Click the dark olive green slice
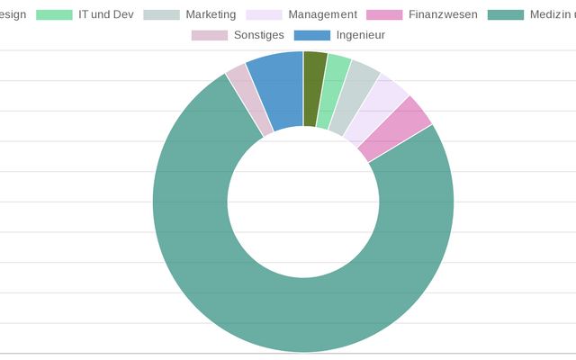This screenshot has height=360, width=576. click(313, 88)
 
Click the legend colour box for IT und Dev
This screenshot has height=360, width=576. click(54, 15)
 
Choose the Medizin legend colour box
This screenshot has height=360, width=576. click(506, 15)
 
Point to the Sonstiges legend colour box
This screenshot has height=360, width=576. click(209, 35)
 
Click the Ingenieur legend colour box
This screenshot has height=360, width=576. click(311, 35)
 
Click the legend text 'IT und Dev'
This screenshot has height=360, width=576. click(105, 15)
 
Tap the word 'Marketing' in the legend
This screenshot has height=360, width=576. click(211, 15)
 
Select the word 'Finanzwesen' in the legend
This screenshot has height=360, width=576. click(443, 15)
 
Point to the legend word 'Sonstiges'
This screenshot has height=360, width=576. click(258, 35)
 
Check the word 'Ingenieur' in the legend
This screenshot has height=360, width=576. click(361, 35)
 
